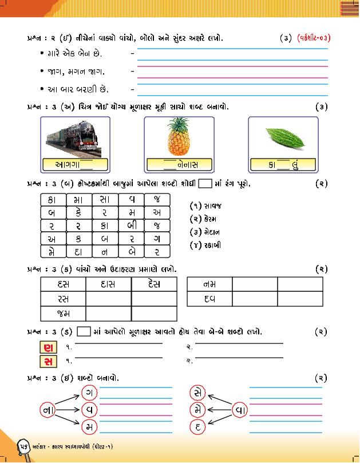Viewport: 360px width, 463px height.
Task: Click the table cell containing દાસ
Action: (108, 284)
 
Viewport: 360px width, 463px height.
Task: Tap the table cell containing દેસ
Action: (153, 284)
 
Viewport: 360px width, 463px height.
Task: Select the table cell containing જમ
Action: (63, 313)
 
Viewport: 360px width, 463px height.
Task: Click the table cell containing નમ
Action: (209, 284)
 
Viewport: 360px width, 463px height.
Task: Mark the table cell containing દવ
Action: (209, 299)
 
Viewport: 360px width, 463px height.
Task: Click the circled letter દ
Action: (197, 426)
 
